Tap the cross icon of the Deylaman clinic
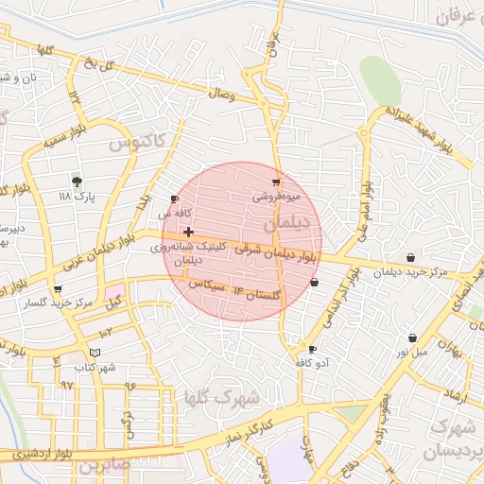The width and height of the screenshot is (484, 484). [189, 232]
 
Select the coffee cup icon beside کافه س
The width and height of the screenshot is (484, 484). [174, 199]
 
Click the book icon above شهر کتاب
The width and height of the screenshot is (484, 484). [94, 353]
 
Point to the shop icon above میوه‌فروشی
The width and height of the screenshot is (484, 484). [276, 181]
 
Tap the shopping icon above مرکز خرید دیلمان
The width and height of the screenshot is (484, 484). [410, 258]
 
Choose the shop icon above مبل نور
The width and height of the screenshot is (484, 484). [412, 337]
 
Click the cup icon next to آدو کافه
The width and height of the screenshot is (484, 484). [313, 349]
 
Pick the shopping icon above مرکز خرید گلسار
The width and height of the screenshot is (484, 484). [59, 289]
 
